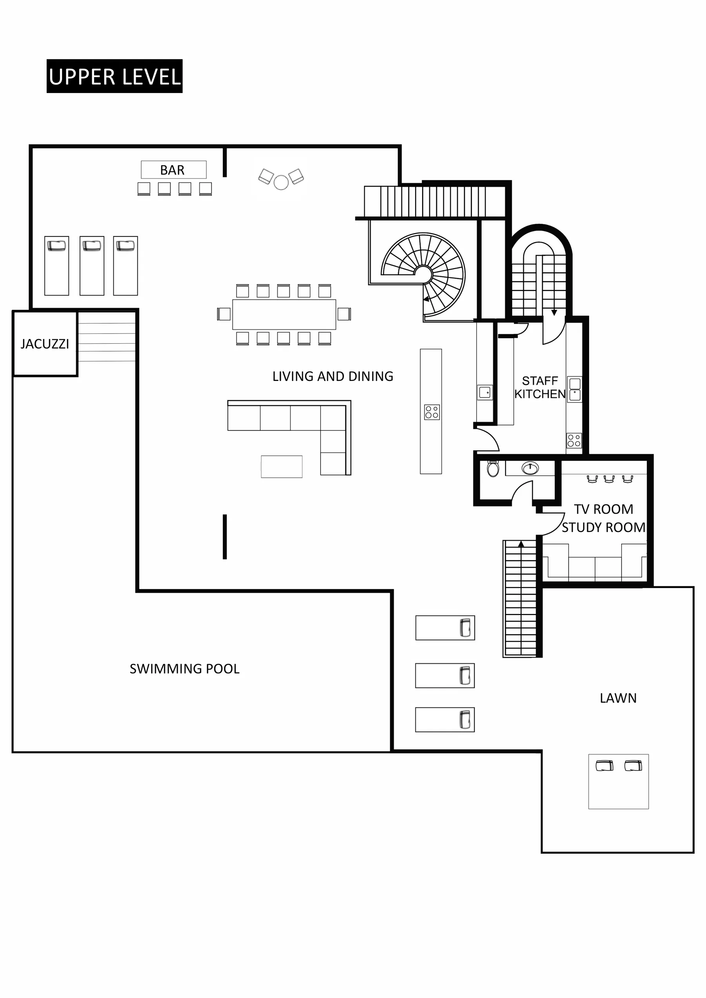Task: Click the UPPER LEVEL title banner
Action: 115,76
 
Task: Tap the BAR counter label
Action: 173,170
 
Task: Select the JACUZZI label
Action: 45,344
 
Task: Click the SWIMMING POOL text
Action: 184,669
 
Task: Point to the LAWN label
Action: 618,698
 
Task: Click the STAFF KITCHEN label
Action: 539,388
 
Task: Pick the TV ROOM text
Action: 603,509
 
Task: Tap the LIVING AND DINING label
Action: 333,377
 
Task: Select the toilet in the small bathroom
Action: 493,469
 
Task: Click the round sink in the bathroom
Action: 530,468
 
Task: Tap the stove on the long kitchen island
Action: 432,412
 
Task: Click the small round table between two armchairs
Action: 281,182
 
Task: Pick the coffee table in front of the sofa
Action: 281,466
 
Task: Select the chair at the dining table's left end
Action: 224,314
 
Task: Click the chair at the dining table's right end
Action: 344,314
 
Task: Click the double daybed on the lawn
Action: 618,781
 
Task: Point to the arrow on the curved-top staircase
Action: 554,312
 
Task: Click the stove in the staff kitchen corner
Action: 574,441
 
